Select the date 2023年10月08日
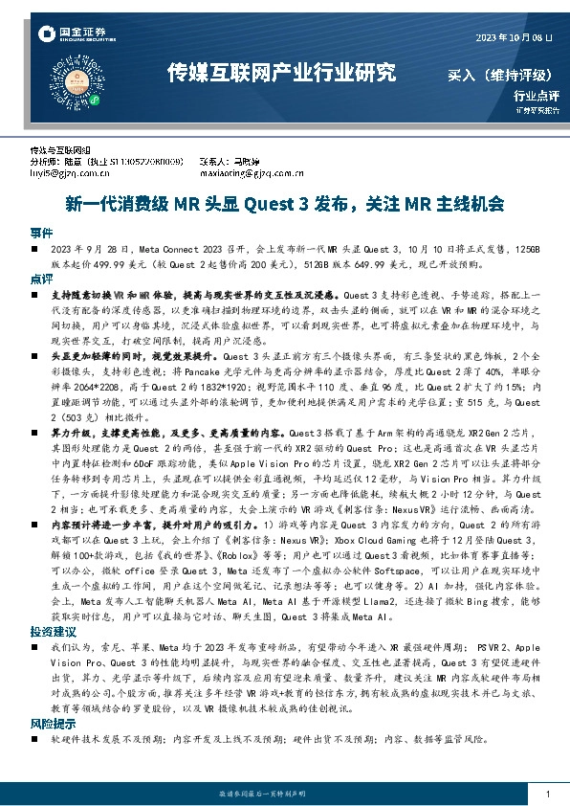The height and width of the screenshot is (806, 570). click(514, 36)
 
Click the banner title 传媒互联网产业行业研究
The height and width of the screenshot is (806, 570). click(280, 73)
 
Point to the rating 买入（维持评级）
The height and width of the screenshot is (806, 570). click(503, 74)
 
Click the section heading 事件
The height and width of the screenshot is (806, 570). click(41, 233)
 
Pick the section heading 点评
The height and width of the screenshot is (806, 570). click(41, 278)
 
